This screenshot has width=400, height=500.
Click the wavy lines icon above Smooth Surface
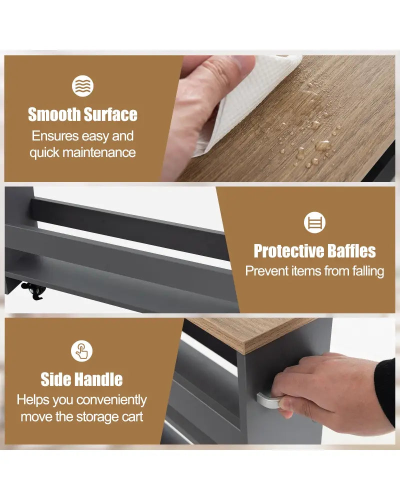(x=82, y=86)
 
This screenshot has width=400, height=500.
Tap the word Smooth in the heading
(x=54, y=114)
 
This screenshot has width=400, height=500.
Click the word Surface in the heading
(x=110, y=114)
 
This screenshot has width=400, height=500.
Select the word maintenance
(x=99, y=152)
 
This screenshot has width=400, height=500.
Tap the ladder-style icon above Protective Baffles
(x=315, y=222)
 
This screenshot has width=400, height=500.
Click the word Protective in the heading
(x=289, y=251)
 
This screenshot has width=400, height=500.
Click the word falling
(x=368, y=271)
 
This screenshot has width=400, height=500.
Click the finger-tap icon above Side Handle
(x=81, y=351)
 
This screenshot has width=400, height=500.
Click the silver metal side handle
(x=268, y=400)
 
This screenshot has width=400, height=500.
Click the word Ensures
(x=55, y=136)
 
